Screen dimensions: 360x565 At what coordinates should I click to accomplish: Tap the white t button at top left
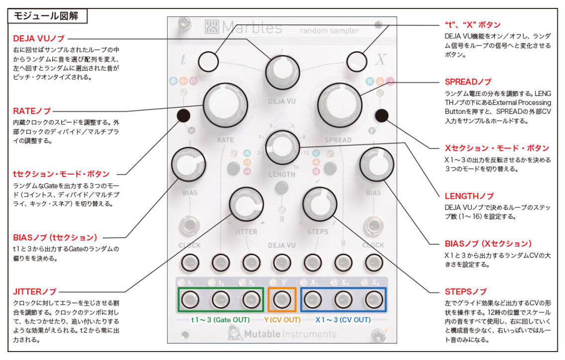[x=208, y=62]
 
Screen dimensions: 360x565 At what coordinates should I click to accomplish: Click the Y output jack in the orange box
[x=282, y=299]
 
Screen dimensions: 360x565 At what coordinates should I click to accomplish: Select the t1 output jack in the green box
[x=191, y=299]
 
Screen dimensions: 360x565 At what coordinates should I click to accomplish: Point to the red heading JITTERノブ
[x=34, y=291]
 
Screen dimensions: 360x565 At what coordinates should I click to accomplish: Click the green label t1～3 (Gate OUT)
[x=220, y=319]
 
